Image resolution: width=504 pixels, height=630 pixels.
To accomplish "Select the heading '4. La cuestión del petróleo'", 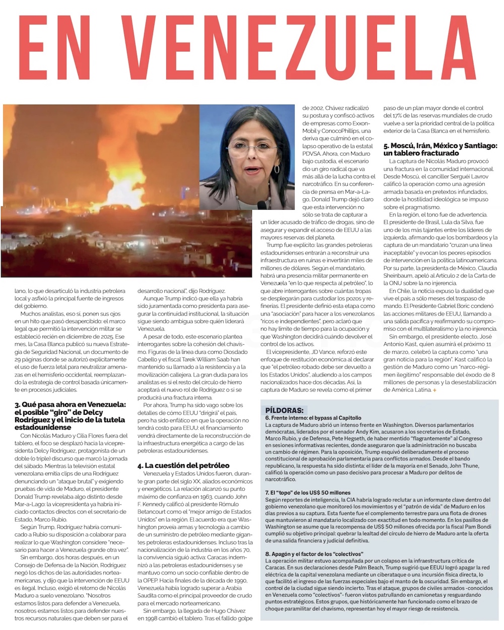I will [183, 465].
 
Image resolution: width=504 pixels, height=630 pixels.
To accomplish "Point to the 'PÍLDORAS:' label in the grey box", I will [284, 410].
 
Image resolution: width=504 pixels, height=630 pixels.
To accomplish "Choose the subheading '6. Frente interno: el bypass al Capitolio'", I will [313, 418].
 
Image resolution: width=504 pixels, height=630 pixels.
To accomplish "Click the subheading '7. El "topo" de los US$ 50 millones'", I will [307, 492].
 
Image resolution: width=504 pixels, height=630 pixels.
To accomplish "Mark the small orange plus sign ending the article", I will [434, 390].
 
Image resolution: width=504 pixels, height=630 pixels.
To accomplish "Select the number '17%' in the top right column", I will [406, 115].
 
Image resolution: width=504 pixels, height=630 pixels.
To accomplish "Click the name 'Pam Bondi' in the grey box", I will [461, 527].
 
